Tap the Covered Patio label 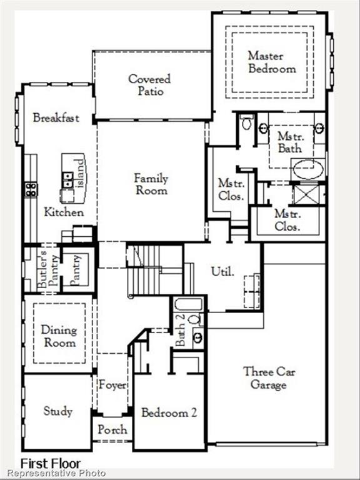pos(149,85)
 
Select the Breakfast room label pos(56,118)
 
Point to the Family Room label pos(151,184)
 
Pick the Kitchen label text pos(64,212)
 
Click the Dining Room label pos(59,336)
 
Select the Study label pos(58,411)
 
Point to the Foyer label pos(112,385)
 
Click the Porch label pos(112,429)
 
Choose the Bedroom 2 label pos(169,413)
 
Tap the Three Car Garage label pos(269,377)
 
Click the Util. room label pos(222,271)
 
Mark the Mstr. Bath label pos(289,142)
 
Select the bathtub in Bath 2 pos(189,304)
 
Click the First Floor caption pos(51,464)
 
